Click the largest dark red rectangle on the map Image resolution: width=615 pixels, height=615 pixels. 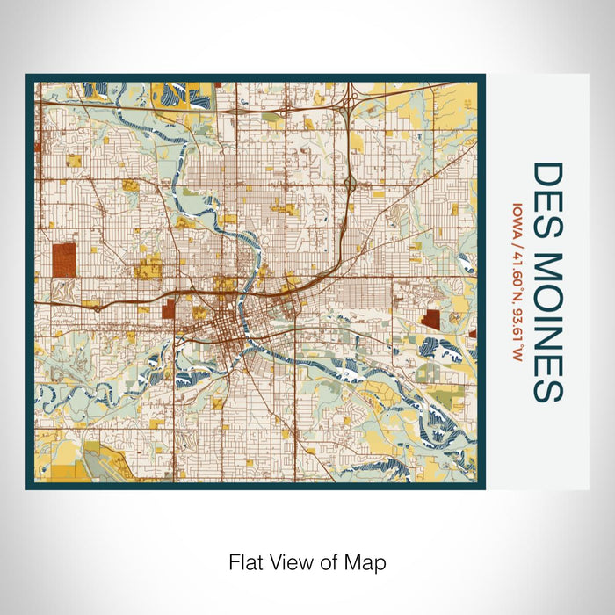coord(63,260)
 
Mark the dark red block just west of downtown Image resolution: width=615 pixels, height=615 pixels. coord(168,308)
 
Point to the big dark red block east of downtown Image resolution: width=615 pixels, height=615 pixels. coord(430,319)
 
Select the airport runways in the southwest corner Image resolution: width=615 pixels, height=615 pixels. coord(105,457)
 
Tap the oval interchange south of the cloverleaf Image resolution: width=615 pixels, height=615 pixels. coord(350,184)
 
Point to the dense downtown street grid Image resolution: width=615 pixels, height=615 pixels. coord(220,334)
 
